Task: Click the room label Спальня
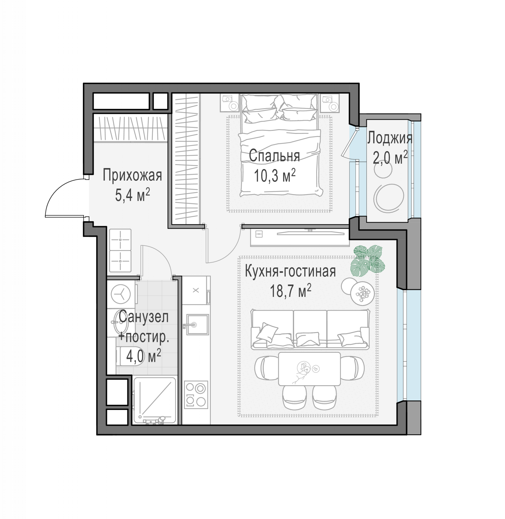coord(274,156)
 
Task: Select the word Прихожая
coord(132,175)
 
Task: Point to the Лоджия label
coord(390,138)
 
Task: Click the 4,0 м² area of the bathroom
coord(144,356)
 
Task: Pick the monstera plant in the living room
coord(368,261)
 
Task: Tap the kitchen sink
coord(197,324)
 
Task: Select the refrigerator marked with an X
coord(196,290)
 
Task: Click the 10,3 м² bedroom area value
coord(274,176)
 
